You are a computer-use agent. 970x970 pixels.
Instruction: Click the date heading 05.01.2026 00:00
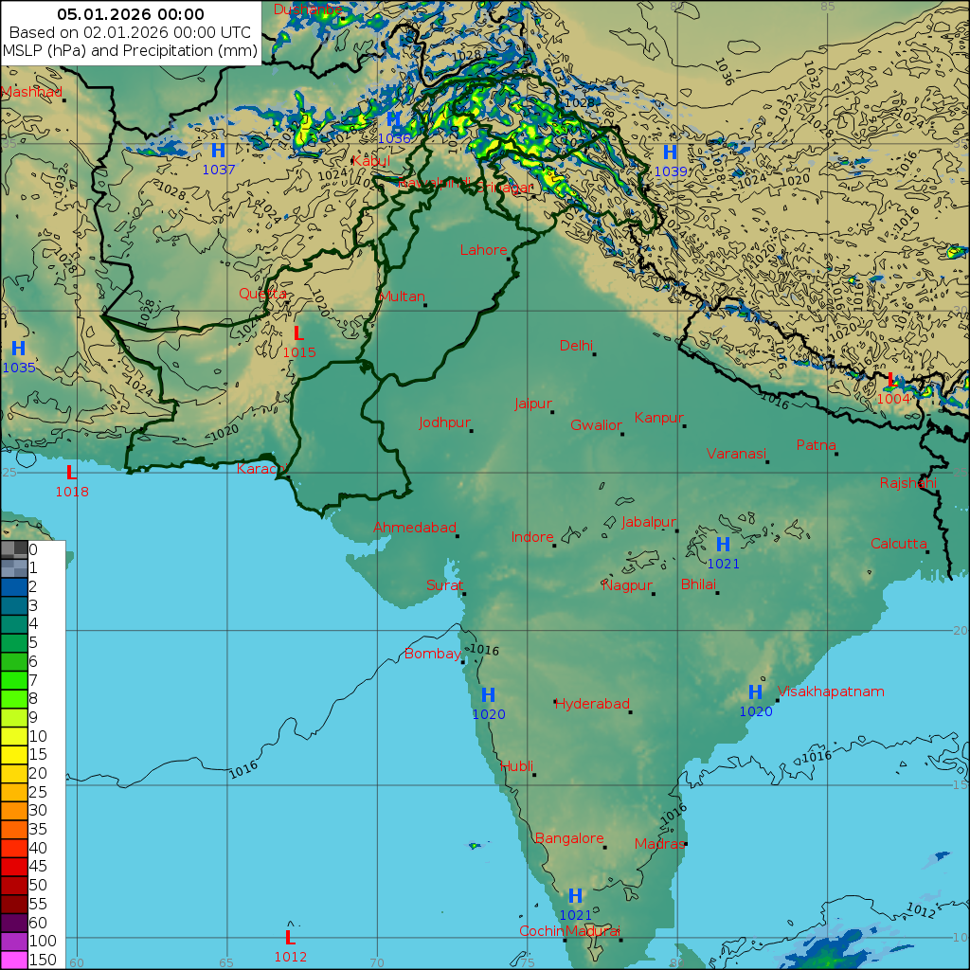point(131,14)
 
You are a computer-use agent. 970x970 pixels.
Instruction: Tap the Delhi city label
point(576,346)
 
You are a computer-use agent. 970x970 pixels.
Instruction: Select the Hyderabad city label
point(592,704)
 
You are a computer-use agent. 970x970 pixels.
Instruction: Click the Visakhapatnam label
point(831,692)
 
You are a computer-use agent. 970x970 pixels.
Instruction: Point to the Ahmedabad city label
point(415,528)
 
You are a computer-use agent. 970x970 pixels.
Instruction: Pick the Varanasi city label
point(735,454)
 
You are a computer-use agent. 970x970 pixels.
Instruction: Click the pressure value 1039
point(670,171)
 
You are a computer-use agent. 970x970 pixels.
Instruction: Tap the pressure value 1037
point(218,170)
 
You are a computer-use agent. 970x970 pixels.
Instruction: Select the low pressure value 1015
point(298,352)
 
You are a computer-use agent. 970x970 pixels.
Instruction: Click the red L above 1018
point(71,472)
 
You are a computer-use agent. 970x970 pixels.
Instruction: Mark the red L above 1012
point(290,937)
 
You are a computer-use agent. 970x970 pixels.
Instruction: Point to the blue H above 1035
point(18,349)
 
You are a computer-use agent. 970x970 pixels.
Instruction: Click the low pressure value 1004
point(893,399)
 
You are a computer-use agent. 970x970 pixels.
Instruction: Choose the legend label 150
point(43,960)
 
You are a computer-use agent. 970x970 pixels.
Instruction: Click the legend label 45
point(38,866)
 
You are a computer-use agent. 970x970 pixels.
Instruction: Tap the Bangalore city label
point(569,838)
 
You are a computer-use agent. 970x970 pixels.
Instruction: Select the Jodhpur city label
point(443,422)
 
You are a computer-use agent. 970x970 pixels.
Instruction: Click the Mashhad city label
point(31,92)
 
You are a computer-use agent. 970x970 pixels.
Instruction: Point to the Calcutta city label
point(898,544)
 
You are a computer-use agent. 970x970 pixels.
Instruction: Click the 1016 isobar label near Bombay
point(484,651)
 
